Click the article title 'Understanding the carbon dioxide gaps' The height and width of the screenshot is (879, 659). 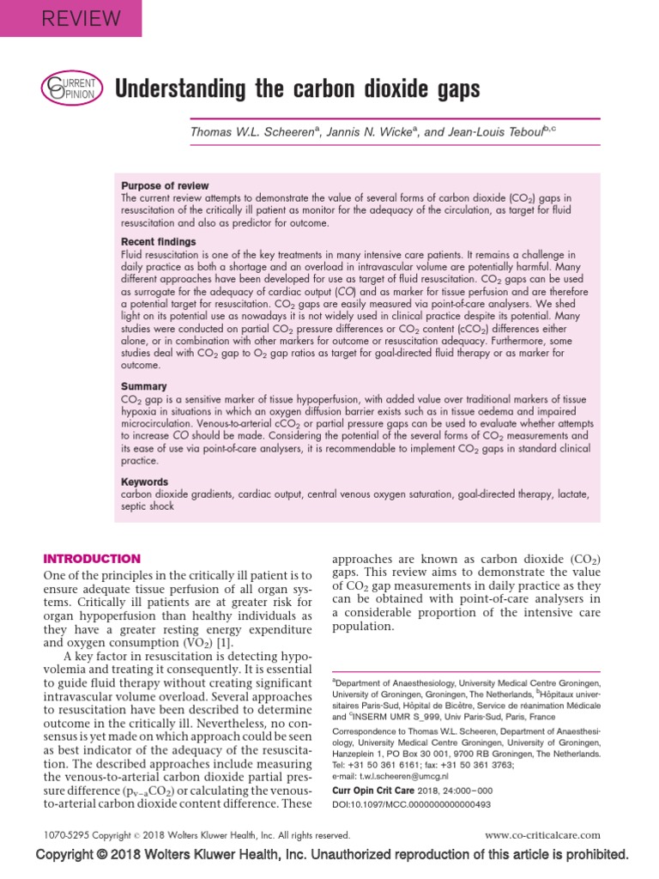[x=297, y=88]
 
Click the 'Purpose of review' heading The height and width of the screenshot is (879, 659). [x=165, y=185]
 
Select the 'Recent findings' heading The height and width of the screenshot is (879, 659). [x=158, y=242]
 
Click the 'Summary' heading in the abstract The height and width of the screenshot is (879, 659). [x=143, y=387]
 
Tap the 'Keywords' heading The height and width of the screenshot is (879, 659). [x=145, y=482]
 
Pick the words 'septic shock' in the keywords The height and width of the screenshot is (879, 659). [x=148, y=506]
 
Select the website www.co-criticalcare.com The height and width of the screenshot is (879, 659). [x=542, y=834]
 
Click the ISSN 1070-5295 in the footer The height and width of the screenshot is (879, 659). [x=67, y=834]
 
